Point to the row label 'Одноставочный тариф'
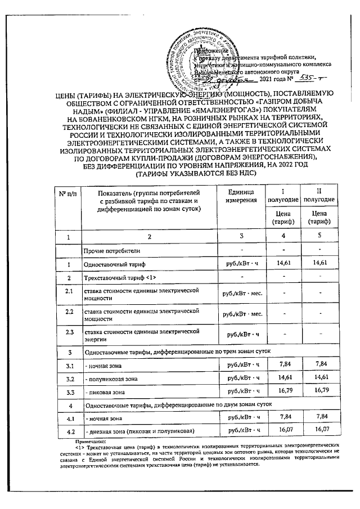114,263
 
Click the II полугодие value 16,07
319,430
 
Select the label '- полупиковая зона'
110,379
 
